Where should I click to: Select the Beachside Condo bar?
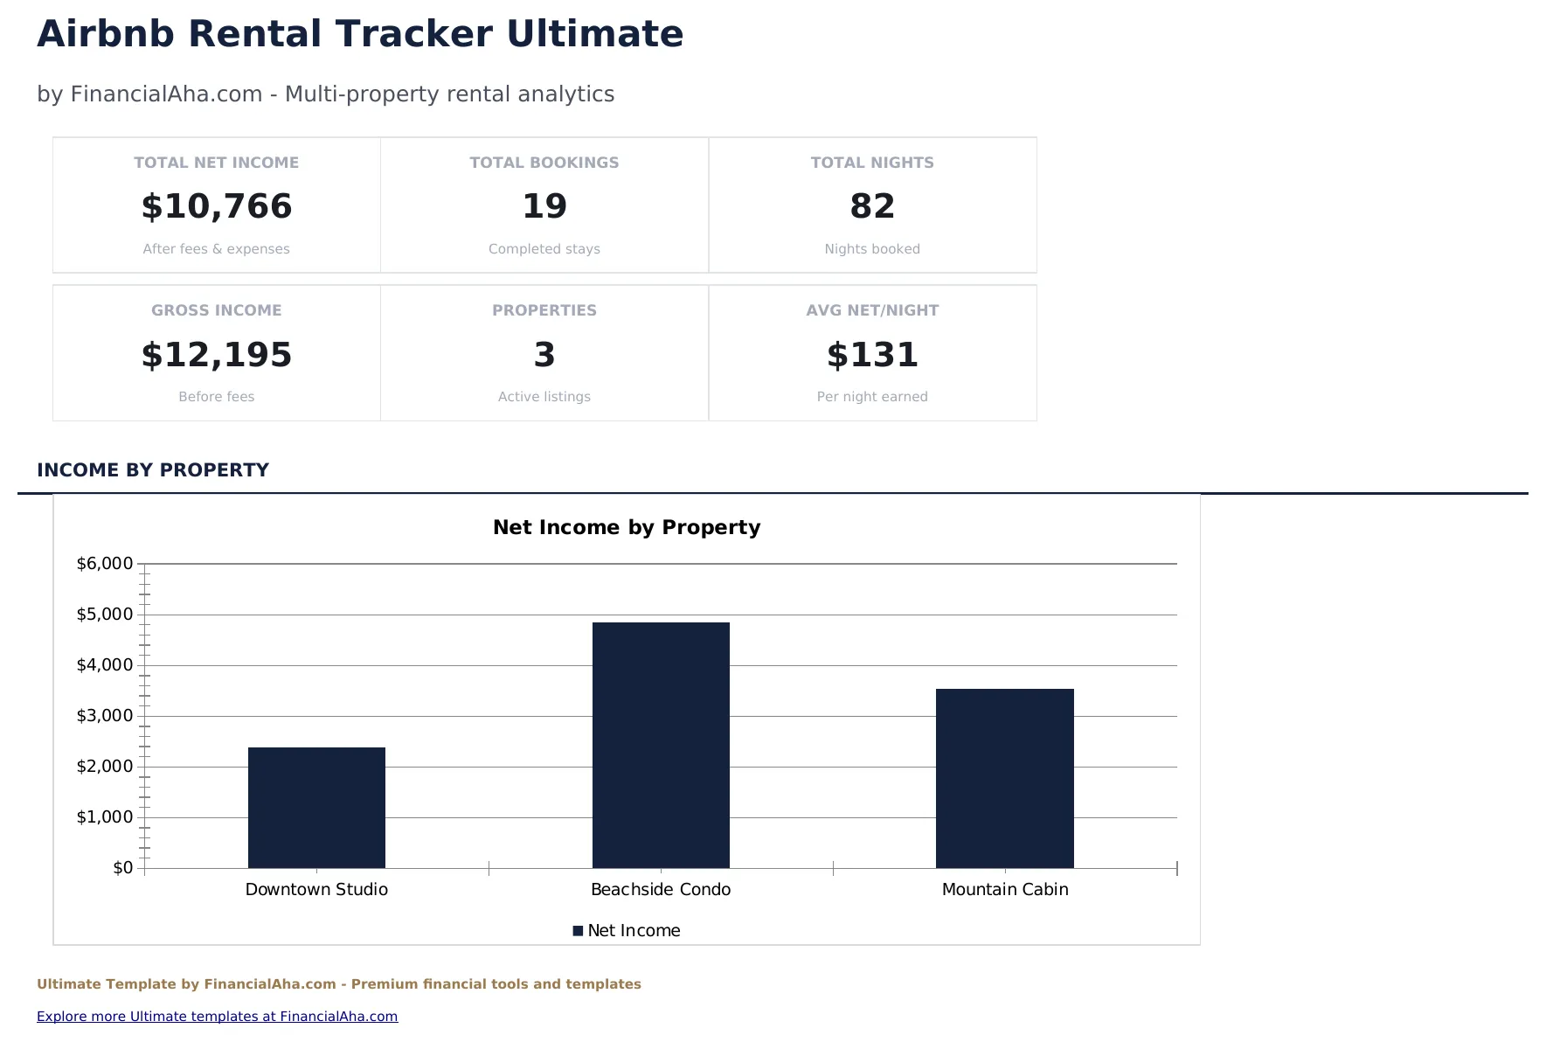click(661, 745)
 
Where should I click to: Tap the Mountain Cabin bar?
click(1004, 778)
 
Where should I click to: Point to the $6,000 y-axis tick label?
click(105, 564)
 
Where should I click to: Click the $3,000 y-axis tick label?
click(105, 716)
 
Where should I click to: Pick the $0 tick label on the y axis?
click(123, 868)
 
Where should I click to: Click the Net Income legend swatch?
click(578, 931)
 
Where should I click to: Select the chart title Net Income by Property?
click(627, 527)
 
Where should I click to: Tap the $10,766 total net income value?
click(217, 206)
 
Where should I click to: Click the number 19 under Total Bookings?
click(544, 206)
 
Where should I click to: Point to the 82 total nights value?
click(872, 206)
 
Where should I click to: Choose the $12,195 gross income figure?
click(217, 355)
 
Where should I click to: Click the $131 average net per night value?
click(872, 355)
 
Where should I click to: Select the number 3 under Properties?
click(544, 355)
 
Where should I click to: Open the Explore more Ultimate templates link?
click(217, 1017)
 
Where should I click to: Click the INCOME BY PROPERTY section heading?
click(153, 470)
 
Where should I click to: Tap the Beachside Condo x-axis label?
click(661, 890)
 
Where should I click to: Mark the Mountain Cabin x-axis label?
click(1005, 890)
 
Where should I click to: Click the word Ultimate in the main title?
click(595, 35)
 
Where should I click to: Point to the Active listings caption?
click(544, 397)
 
